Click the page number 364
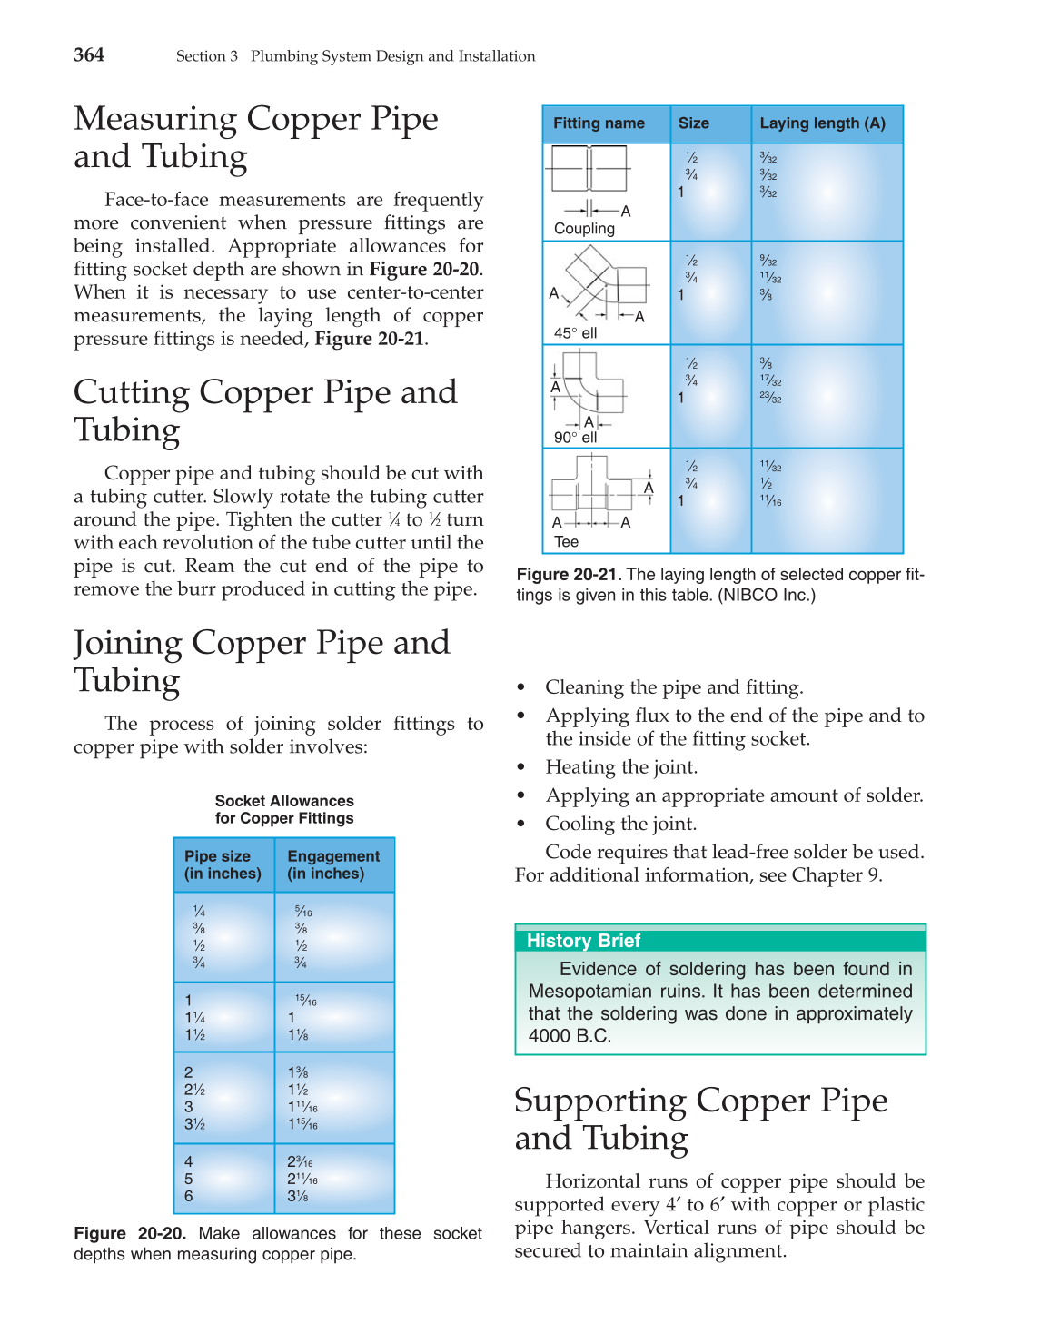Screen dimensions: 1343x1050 click(x=89, y=55)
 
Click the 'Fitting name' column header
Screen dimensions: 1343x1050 click(x=599, y=123)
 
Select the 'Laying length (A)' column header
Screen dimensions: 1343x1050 click(x=822, y=123)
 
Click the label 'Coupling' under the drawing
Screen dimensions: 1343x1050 click(x=584, y=229)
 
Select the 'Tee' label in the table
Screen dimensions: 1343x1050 click(x=566, y=542)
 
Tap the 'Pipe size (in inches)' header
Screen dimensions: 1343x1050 click(x=223, y=865)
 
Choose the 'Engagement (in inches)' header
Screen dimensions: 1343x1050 click(x=333, y=865)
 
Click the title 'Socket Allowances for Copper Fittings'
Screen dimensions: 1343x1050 click(x=284, y=810)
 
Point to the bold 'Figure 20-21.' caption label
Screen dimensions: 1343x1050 click(x=569, y=575)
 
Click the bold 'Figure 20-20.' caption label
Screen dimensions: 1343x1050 click(x=130, y=1234)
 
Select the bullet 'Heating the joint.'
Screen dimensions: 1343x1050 click(x=621, y=767)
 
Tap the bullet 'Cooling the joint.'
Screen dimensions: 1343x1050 click(x=620, y=824)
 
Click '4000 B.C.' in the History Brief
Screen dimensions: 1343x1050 click(x=570, y=1036)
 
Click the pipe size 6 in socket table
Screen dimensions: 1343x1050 click(x=189, y=1197)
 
